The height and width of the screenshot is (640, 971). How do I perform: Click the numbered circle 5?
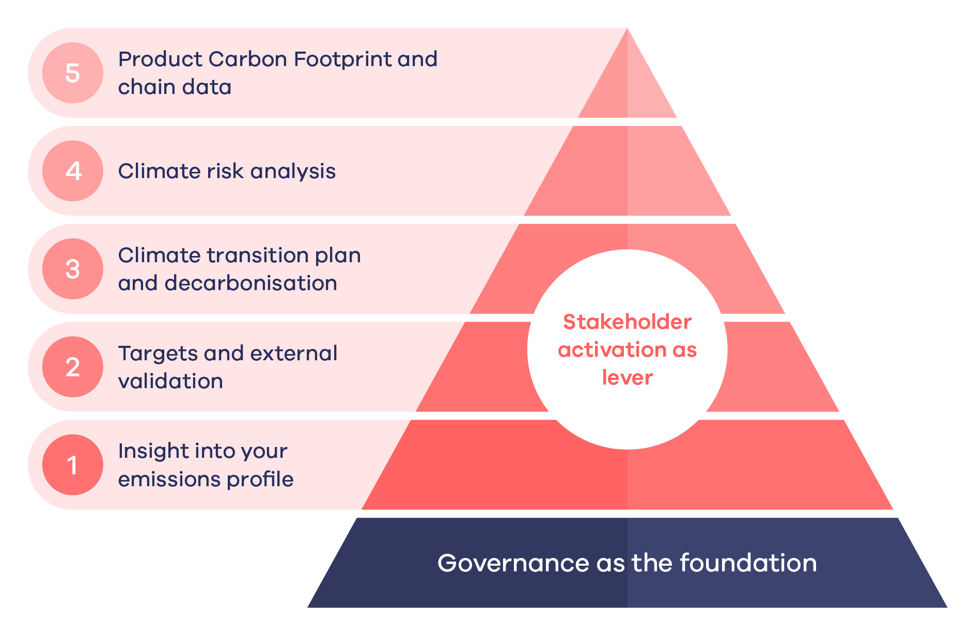click(x=73, y=73)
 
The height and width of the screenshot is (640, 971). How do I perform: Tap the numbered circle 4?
click(x=73, y=171)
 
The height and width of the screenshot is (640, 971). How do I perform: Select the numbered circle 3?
click(x=73, y=269)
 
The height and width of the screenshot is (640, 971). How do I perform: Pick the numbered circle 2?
click(x=73, y=367)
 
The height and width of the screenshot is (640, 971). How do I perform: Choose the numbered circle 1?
click(x=73, y=465)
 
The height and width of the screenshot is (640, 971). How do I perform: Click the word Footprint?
click(x=342, y=60)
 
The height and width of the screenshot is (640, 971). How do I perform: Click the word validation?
click(x=170, y=381)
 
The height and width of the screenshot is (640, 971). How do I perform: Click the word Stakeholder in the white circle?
click(x=627, y=322)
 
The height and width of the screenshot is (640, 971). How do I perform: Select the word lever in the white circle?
click(x=627, y=378)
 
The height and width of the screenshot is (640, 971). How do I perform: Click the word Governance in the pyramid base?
click(x=513, y=563)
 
